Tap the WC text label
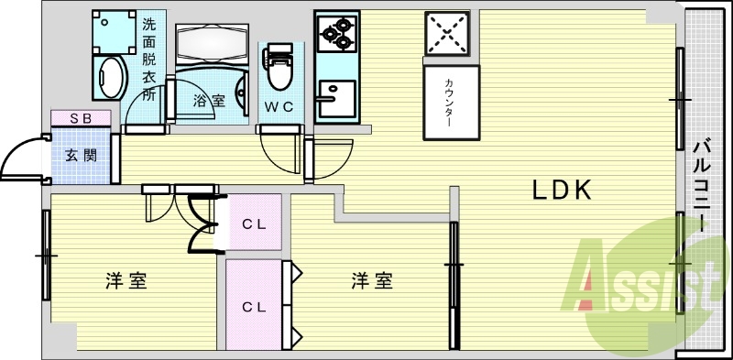[279, 106]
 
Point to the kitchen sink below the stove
[335, 94]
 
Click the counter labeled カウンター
[451, 103]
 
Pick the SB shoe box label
[81, 118]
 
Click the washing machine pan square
[114, 32]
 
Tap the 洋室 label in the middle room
[372, 281]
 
